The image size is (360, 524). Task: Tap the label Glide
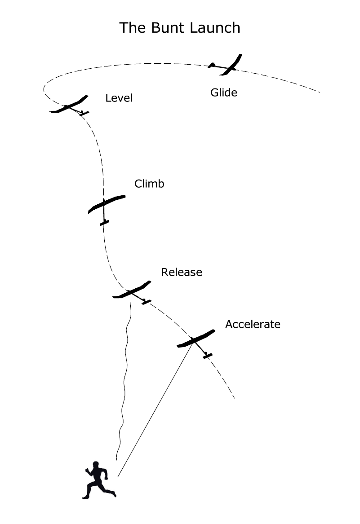223,93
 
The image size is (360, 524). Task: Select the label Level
119,98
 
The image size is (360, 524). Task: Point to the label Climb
149,184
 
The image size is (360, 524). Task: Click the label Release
182,272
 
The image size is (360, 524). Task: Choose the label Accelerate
253,324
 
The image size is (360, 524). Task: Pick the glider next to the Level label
70,106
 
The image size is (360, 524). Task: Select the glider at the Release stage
132,291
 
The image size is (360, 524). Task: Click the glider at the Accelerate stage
196,339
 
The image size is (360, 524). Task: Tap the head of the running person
95,464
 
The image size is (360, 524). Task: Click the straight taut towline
157,404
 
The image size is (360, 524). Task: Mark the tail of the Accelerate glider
207,356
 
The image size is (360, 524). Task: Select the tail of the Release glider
146,302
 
